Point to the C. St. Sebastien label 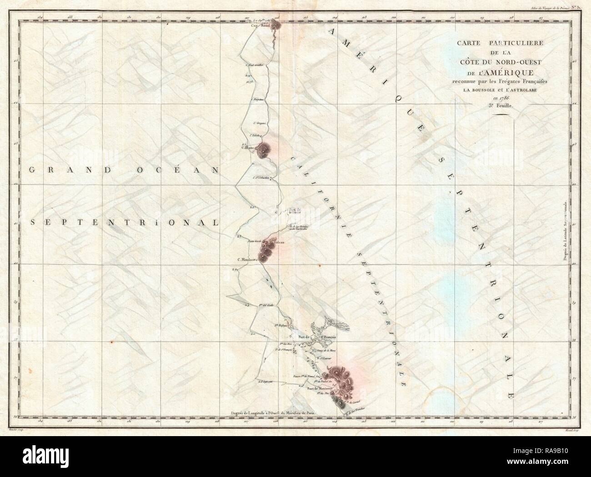pyautogui.click(x=262, y=178)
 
